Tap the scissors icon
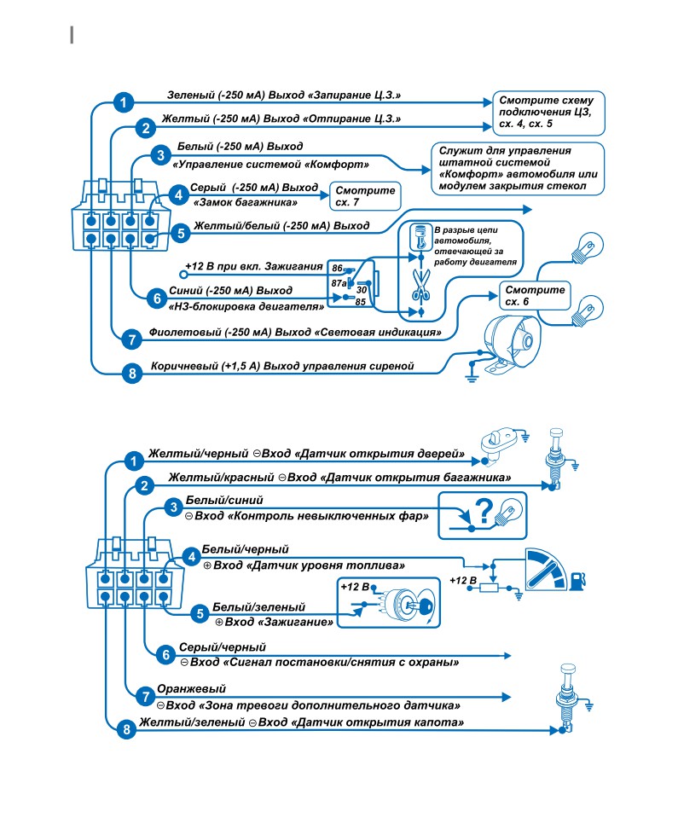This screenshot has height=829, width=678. tap(421, 285)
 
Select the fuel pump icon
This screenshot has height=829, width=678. tap(577, 580)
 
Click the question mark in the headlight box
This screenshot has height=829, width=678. tap(484, 511)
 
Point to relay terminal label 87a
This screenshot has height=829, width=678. tap(339, 283)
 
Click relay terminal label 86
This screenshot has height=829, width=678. tap(338, 268)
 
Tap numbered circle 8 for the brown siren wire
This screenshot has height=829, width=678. tap(132, 374)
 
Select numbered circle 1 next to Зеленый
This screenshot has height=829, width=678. tap(124, 102)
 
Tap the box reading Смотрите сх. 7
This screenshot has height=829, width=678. tap(365, 195)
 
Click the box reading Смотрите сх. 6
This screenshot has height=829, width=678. tap(535, 296)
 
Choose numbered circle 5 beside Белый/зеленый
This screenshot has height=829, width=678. tap(200, 614)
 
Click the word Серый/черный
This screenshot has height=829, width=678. tap(222, 647)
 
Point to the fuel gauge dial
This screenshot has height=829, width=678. tap(545, 570)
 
